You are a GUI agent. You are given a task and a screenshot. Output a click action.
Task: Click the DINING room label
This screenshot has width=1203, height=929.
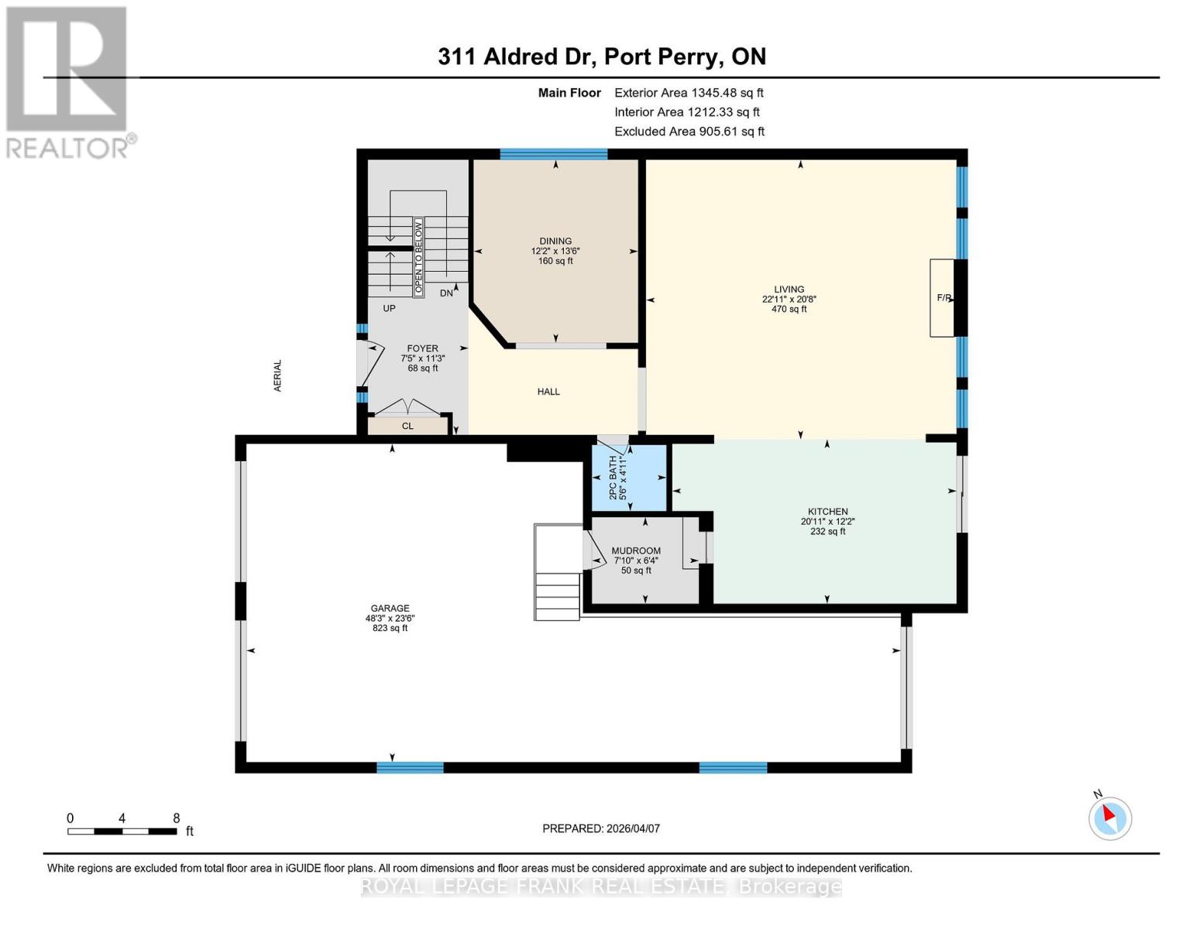click(555, 241)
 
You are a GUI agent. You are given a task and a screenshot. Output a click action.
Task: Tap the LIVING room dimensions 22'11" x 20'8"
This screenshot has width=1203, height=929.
click(789, 300)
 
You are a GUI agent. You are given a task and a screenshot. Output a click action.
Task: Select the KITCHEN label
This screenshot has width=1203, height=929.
click(827, 512)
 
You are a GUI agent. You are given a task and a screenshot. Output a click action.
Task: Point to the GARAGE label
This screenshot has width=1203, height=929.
click(390, 608)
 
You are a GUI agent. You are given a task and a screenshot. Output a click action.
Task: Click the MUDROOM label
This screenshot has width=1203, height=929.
click(635, 551)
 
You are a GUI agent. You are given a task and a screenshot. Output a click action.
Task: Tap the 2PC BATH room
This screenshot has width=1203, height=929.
click(629, 478)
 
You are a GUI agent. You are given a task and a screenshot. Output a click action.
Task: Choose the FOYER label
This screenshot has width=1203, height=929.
click(422, 348)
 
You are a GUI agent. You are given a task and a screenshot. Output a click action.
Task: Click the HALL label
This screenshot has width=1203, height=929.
click(548, 392)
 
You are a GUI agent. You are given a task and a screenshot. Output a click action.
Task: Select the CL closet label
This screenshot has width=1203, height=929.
click(407, 426)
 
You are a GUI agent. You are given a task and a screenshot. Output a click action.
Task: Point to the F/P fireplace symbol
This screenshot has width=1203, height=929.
click(942, 298)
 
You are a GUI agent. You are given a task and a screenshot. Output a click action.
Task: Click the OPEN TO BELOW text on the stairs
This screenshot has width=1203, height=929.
click(418, 257)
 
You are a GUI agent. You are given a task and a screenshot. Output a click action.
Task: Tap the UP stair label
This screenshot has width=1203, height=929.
click(389, 308)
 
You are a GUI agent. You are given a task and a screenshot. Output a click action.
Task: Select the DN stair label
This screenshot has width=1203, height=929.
click(446, 293)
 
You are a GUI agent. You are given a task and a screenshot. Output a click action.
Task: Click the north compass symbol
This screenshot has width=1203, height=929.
click(1109, 818)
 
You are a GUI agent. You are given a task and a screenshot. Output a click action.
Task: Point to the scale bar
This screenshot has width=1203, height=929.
click(122, 831)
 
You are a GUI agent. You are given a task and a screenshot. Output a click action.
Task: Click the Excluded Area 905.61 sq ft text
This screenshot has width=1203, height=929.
click(689, 132)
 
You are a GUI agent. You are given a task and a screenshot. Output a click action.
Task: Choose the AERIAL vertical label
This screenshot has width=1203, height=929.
click(277, 375)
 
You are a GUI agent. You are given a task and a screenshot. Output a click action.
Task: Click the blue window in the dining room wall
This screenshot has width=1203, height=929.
click(554, 154)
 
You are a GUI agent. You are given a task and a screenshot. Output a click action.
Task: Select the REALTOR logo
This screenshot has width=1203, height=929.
click(69, 83)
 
